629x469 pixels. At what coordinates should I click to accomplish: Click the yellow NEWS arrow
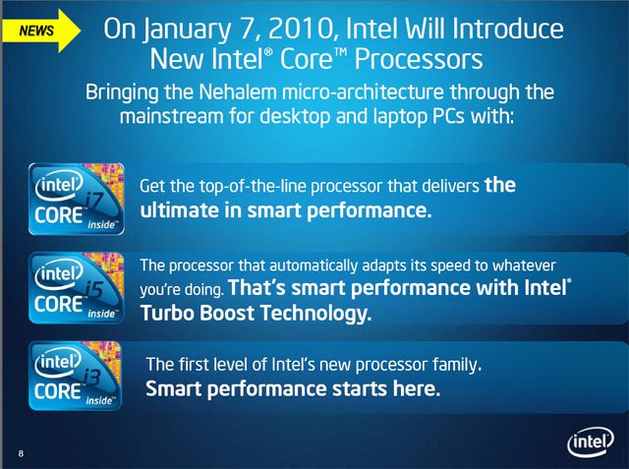[41, 30]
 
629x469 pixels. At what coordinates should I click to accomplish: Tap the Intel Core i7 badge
[77, 199]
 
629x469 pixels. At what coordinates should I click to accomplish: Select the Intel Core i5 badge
[77, 288]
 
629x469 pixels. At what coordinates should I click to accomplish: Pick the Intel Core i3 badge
[75, 376]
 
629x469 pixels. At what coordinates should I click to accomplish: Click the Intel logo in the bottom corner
[590, 441]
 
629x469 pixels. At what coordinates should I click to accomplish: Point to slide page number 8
[21, 453]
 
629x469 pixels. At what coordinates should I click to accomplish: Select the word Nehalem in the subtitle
[238, 92]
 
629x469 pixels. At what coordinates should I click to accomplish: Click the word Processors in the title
[419, 59]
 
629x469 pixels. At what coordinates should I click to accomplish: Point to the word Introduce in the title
[508, 29]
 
